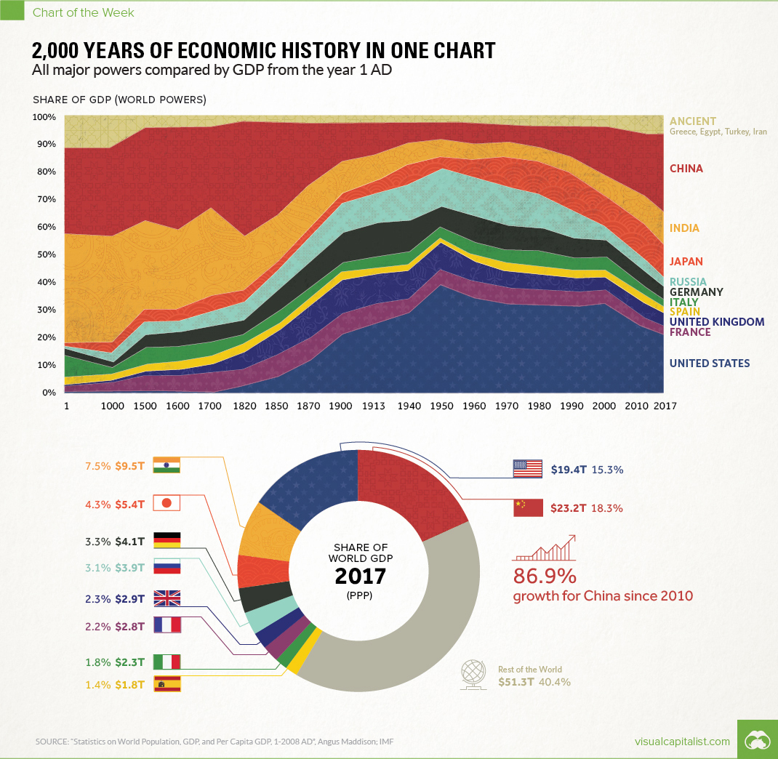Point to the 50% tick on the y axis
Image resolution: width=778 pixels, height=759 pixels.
(44, 254)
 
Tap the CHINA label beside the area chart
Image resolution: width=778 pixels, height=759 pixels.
(686, 169)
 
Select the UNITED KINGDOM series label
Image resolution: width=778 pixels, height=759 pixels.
(716, 321)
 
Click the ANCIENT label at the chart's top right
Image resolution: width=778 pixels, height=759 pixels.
(693, 121)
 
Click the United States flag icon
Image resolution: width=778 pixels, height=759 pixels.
(528, 469)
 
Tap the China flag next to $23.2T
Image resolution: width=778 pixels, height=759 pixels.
(528, 507)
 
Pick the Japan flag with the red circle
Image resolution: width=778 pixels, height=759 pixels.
(167, 502)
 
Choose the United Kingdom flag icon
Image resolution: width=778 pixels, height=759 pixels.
(167, 598)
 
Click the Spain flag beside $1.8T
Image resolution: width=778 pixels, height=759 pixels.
(167, 683)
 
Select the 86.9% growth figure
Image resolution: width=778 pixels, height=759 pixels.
(545, 577)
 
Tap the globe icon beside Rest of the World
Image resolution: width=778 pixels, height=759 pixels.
(473, 674)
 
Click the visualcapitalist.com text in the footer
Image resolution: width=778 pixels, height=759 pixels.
(681, 741)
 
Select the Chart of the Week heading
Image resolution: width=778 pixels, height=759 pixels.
(84, 12)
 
